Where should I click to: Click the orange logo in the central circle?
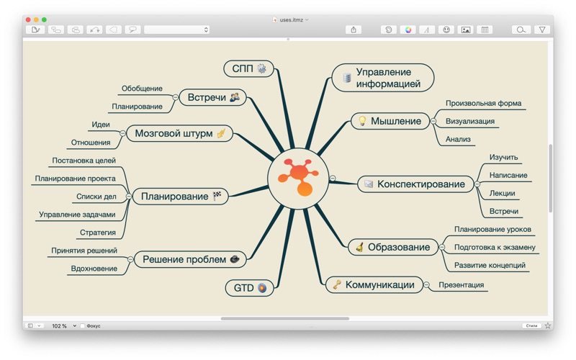pos(298,178)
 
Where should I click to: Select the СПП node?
pos(248,68)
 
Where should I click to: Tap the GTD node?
pos(249,287)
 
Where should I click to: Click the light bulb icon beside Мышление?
pos(362,121)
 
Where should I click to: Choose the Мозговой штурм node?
pos(179,133)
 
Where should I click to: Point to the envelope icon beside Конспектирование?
pos(369,184)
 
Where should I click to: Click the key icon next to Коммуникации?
pos(337,284)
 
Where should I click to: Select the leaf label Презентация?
pos(461,284)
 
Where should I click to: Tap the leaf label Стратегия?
pos(98,232)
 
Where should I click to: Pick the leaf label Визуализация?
pos(470,121)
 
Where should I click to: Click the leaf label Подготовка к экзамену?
pos(495,247)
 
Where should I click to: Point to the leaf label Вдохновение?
pos(94,268)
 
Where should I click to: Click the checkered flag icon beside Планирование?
pos(217,196)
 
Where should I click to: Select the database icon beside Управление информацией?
pos(347,78)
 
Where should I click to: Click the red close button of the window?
pos(28,19)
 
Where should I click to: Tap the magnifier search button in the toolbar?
pos(521,30)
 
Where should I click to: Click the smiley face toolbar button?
pos(446,30)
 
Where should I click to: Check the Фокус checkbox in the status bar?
pos(83,326)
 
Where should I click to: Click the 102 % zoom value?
pos(60,326)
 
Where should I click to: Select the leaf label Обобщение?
pos(142,88)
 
